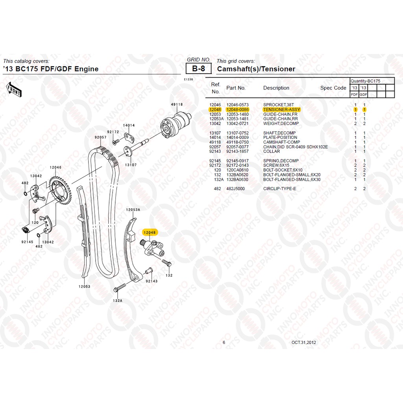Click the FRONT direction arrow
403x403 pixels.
click(14, 89)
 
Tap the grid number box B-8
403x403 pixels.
click(198, 68)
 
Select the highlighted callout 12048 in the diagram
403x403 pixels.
click(150, 233)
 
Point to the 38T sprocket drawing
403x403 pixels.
click(60, 190)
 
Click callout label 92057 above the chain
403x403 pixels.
click(100, 137)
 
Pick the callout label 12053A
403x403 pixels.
click(133, 210)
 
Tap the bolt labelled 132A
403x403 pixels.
click(120, 288)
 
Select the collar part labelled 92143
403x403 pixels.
click(149, 271)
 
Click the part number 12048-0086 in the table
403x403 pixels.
click(237, 109)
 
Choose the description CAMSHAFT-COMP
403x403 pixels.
click(281, 142)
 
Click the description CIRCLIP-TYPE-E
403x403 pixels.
click(279, 189)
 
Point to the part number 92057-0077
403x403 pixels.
click(237, 147)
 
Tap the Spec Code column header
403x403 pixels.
click(333, 88)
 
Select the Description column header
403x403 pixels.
click(276, 88)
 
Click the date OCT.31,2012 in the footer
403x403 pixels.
click(303, 342)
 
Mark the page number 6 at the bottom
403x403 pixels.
click(224, 342)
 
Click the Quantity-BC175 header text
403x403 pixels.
click(365, 81)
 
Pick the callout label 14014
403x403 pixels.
click(129, 126)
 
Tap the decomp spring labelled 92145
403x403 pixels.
click(25, 230)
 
